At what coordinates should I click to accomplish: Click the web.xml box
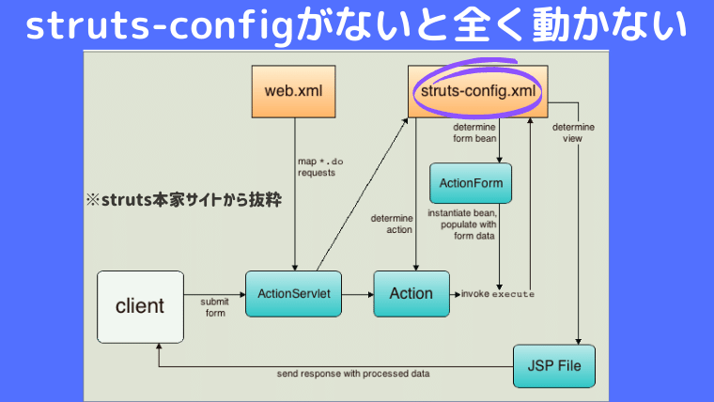tap(293, 91)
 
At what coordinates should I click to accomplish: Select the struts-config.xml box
tap(479, 91)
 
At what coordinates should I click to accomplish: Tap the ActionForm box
tap(470, 182)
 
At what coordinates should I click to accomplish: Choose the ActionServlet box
tap(291, 294)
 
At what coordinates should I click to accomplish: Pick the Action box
tap(411, 294)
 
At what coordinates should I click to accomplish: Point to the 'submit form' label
tap(214, 307)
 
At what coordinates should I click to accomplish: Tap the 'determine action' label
tap(392, 224)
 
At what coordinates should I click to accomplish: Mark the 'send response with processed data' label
tap(353, 373)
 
